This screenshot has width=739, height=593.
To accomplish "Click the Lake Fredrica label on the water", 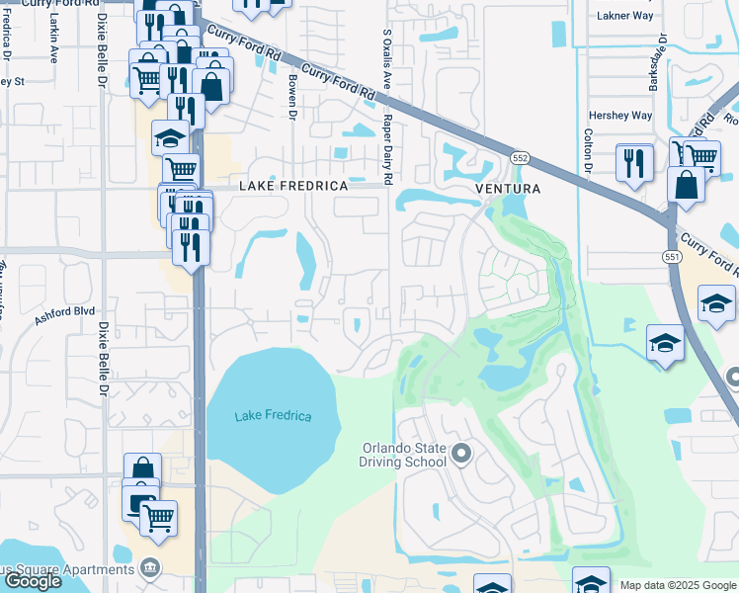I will coord(273,416).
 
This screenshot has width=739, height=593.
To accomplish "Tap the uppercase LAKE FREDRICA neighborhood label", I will coord(294,187).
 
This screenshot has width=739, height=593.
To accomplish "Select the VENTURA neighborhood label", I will coord(508,189).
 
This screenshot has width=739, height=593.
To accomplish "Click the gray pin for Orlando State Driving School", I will coord(461,455).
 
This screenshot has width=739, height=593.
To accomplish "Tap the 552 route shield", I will coord(519,158).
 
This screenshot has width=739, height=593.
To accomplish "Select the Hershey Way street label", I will coord(620,116).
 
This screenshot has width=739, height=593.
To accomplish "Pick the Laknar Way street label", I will coord(625,16).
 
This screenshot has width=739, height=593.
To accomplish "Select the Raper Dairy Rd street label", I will coord(388,148).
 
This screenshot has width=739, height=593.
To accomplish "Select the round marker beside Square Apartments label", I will coord(150,568).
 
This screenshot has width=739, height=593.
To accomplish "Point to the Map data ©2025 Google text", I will coord(678,585).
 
